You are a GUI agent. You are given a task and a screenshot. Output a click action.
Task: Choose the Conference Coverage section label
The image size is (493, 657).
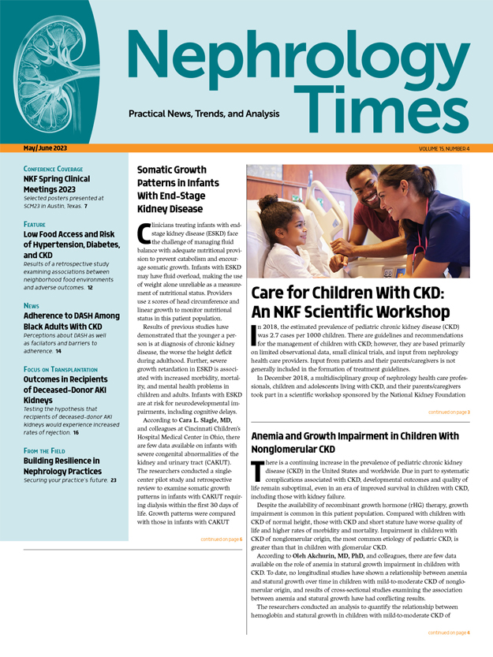[x=58, y=169]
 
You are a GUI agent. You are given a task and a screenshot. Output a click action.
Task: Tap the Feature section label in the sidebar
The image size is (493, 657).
[x=39, y=225]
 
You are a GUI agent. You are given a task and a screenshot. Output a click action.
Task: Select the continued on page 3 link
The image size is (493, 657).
[x=449, y=412]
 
